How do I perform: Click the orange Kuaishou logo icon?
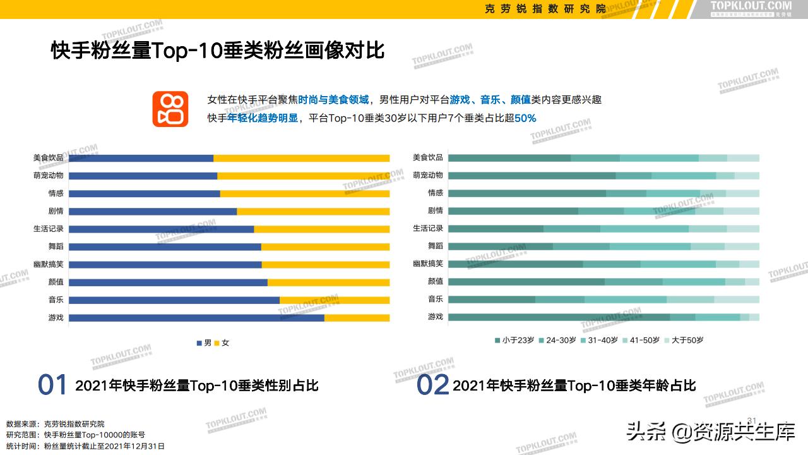170,109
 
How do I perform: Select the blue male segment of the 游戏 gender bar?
196,318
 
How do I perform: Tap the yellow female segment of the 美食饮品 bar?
301,158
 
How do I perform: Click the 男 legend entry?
203,343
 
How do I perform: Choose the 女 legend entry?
222,343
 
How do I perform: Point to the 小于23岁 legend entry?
514,340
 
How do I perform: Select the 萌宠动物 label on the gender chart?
49,176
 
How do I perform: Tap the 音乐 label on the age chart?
436,299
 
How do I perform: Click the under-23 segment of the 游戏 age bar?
559,317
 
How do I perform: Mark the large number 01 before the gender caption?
52,385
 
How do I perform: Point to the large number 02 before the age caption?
432,385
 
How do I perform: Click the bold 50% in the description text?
525,118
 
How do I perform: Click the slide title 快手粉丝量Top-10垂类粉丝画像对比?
218,51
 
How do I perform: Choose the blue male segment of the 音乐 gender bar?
174,300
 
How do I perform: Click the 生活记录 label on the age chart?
428,228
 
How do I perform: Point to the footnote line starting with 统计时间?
85,446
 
